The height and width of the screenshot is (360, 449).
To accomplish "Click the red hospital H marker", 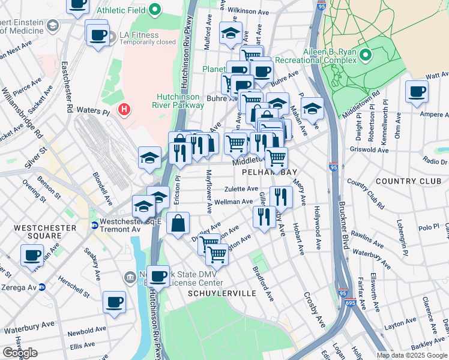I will pos(124,110).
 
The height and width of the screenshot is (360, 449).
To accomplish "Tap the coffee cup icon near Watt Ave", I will pos(417,92).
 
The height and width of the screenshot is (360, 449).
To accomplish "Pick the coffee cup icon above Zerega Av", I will pos(32,255).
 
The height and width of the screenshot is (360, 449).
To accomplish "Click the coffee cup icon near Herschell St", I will pos(113,302).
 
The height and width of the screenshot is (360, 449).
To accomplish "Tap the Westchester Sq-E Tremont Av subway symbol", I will pos(95,226).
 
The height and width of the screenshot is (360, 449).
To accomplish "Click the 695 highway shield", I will pos(358,305).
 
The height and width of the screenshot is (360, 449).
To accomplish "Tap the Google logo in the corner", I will pos(20,353).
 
